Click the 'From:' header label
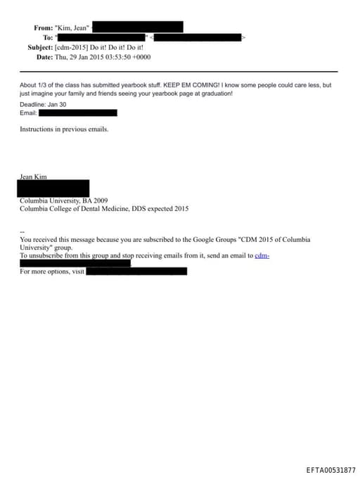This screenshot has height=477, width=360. point(43,27)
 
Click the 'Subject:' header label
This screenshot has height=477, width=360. point(39,47)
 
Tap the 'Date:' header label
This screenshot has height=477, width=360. point(44,57)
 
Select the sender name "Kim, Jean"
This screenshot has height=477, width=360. point(72,27)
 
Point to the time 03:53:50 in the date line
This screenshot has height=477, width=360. point(121,57)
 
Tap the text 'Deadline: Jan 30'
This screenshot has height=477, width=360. point(43,103)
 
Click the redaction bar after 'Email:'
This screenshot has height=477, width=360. point(78,113)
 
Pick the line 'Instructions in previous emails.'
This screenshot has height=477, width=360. point(64,129)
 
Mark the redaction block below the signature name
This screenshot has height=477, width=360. point(54,189)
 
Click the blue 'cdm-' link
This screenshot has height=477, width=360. point(262,255)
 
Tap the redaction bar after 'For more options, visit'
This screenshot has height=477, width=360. point(136,271)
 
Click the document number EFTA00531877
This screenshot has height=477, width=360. point(330,469)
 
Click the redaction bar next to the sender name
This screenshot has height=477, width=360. point(138,27)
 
